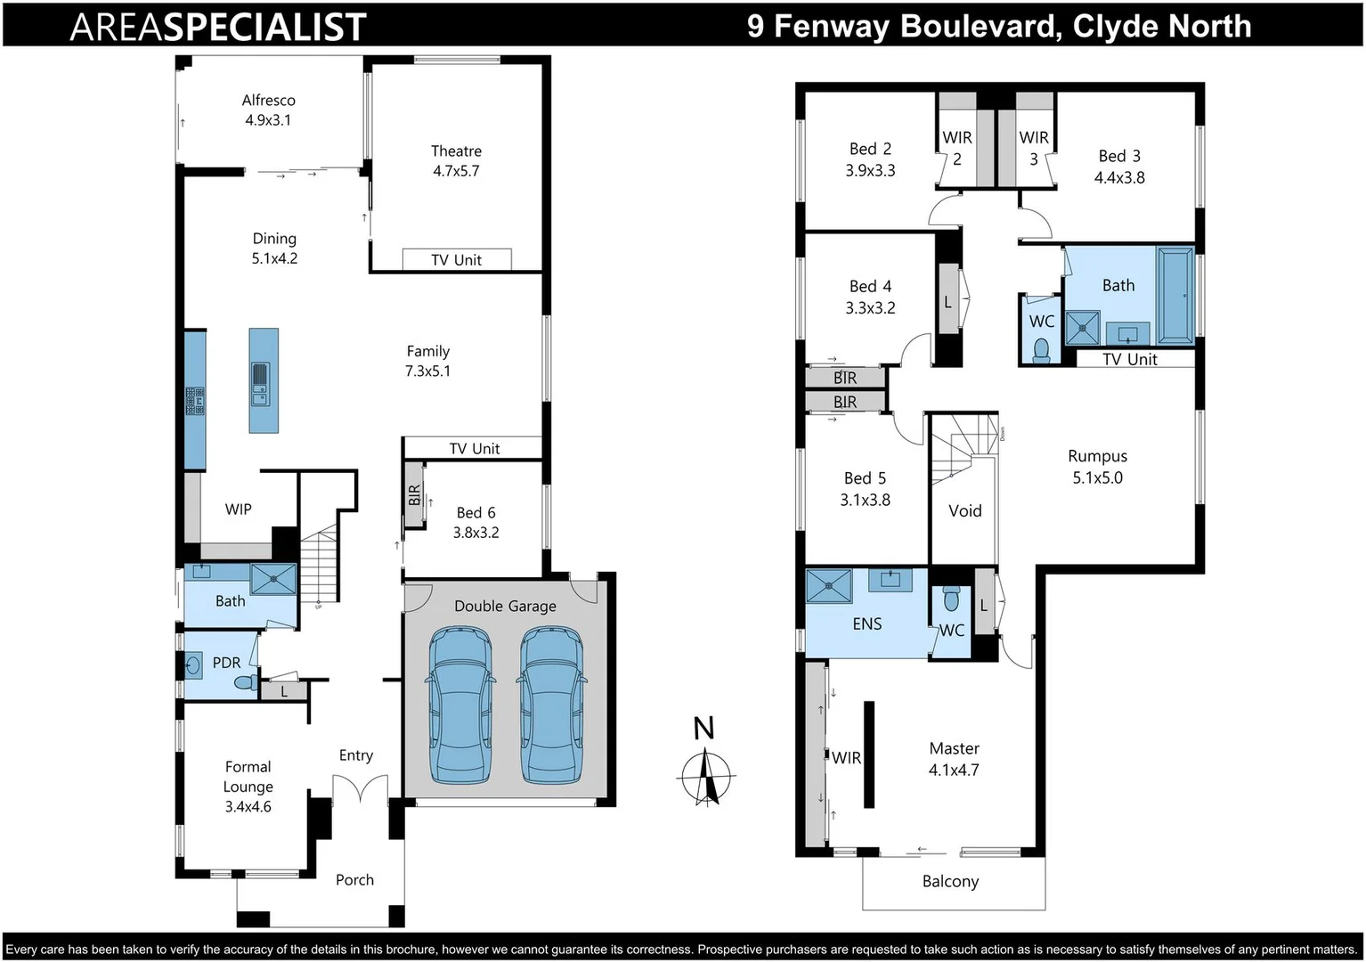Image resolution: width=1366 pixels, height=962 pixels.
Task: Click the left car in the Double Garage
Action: (459, 705)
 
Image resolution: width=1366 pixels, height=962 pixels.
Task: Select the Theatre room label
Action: (456, 151)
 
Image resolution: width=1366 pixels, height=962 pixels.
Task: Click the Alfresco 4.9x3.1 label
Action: (268, 110)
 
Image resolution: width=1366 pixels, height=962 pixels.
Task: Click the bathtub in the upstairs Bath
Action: (1175, 296)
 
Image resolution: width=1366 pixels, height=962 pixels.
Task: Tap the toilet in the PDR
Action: (244, 683)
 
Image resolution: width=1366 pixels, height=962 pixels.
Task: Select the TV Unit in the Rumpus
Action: (1129, 359)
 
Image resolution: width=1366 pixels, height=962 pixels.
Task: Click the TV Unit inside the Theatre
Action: (456, 260)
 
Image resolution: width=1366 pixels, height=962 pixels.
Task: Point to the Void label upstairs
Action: (964, 511)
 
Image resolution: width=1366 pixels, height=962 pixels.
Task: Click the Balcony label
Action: (950, 882)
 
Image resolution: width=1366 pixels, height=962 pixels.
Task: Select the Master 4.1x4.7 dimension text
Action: (954, 770)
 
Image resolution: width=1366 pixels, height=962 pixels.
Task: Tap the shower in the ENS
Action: (828, 586)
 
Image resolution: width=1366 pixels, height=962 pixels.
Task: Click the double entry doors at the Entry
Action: (360, 789)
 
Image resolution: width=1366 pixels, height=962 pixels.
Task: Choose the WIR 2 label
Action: (957, 148)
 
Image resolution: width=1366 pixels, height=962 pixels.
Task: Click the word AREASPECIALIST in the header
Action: (218, 27)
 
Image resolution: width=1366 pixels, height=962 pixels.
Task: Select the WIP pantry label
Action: (238, 510)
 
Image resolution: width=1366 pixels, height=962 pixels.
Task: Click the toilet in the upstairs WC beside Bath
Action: (1041, 350)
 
